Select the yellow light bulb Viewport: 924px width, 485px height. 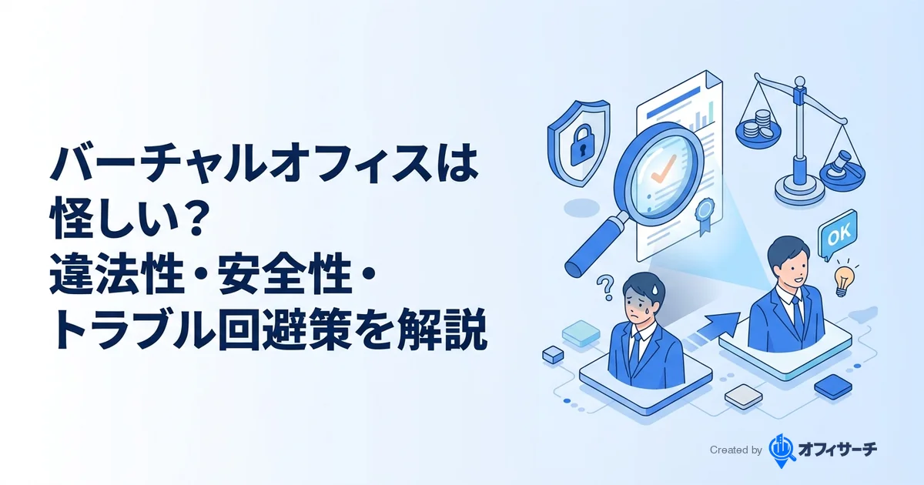(x=845, y=278)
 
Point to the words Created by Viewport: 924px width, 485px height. (x=735, y=450)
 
